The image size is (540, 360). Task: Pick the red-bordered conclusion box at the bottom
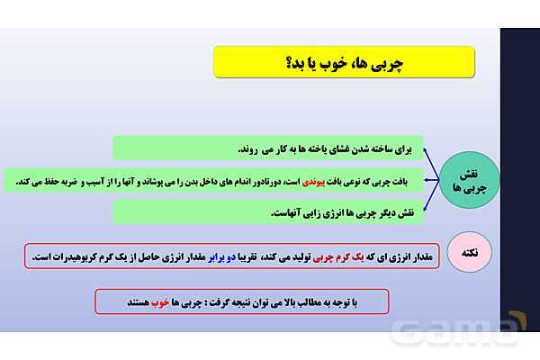pos(241,301)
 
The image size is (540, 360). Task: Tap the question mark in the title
pos(285,64)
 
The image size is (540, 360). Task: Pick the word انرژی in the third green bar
pos(325,213)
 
